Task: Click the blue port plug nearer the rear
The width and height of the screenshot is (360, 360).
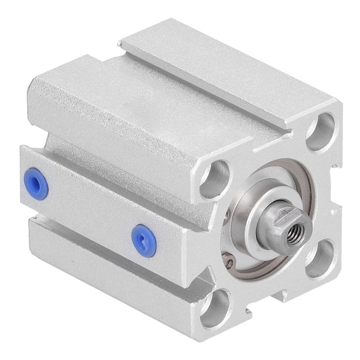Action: point(36,184)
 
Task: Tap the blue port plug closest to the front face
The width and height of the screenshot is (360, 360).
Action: point(144,240)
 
